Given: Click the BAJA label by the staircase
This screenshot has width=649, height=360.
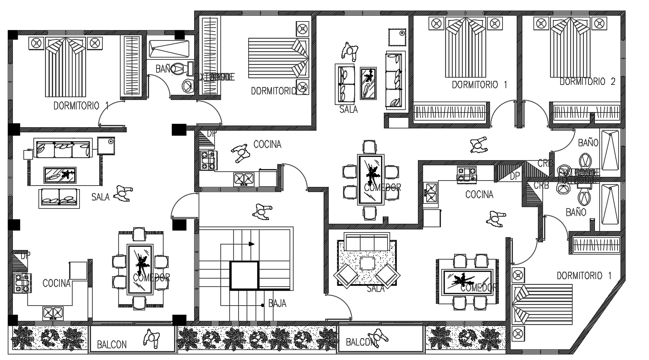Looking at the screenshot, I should [277, 304].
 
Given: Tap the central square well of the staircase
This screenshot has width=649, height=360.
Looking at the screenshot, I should [245, 275].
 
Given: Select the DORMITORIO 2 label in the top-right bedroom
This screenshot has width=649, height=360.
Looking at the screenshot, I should [587, 81].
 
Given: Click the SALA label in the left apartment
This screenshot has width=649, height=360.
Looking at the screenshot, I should [100, 196].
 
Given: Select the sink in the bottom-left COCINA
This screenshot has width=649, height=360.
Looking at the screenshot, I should [52, 313].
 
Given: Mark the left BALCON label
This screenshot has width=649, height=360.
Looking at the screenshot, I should [112, 344].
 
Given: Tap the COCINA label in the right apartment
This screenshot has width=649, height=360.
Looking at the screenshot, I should [479, 195].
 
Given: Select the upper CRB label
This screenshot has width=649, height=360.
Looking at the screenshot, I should [545, 163].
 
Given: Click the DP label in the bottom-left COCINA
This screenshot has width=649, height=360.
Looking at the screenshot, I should [25, 256].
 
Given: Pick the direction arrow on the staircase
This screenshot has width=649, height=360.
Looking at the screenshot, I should [252, 244].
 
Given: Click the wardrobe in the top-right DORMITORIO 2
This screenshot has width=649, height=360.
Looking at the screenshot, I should [585, 111].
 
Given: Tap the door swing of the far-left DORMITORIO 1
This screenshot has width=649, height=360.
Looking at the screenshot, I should [110, 114].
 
